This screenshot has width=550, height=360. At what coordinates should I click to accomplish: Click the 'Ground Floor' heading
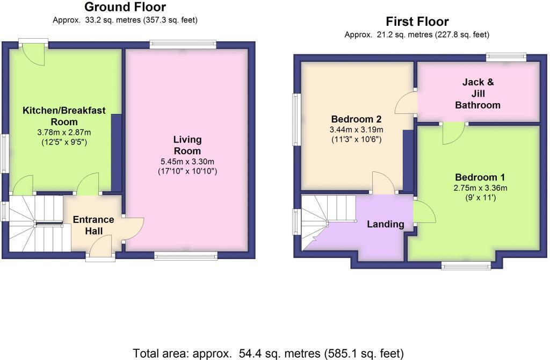point(125,8)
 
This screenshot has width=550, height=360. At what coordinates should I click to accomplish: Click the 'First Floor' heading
point(417,22)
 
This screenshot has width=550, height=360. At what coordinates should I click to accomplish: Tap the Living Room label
point(187,145)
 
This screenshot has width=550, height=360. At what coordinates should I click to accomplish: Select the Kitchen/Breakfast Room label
point(64,116)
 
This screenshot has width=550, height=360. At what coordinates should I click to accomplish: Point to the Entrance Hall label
point(93,225)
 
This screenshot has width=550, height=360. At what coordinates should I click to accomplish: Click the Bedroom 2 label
point(356,119)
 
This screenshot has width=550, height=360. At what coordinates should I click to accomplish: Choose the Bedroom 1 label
point(480,178)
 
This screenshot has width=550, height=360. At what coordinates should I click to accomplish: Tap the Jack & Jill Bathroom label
point(477,94)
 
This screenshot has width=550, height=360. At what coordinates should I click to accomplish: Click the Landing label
point(385,224)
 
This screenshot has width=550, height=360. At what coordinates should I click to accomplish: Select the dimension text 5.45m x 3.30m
point(187,161)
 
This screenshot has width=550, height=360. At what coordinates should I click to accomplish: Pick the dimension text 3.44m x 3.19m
point(356,130)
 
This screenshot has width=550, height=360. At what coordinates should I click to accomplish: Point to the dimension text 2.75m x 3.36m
point(480,188)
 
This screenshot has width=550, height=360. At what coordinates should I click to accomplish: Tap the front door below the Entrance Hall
point(100,250)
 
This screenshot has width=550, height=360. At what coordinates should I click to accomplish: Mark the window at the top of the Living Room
point(183,45)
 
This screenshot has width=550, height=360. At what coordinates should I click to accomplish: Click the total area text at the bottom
point(268,353)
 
